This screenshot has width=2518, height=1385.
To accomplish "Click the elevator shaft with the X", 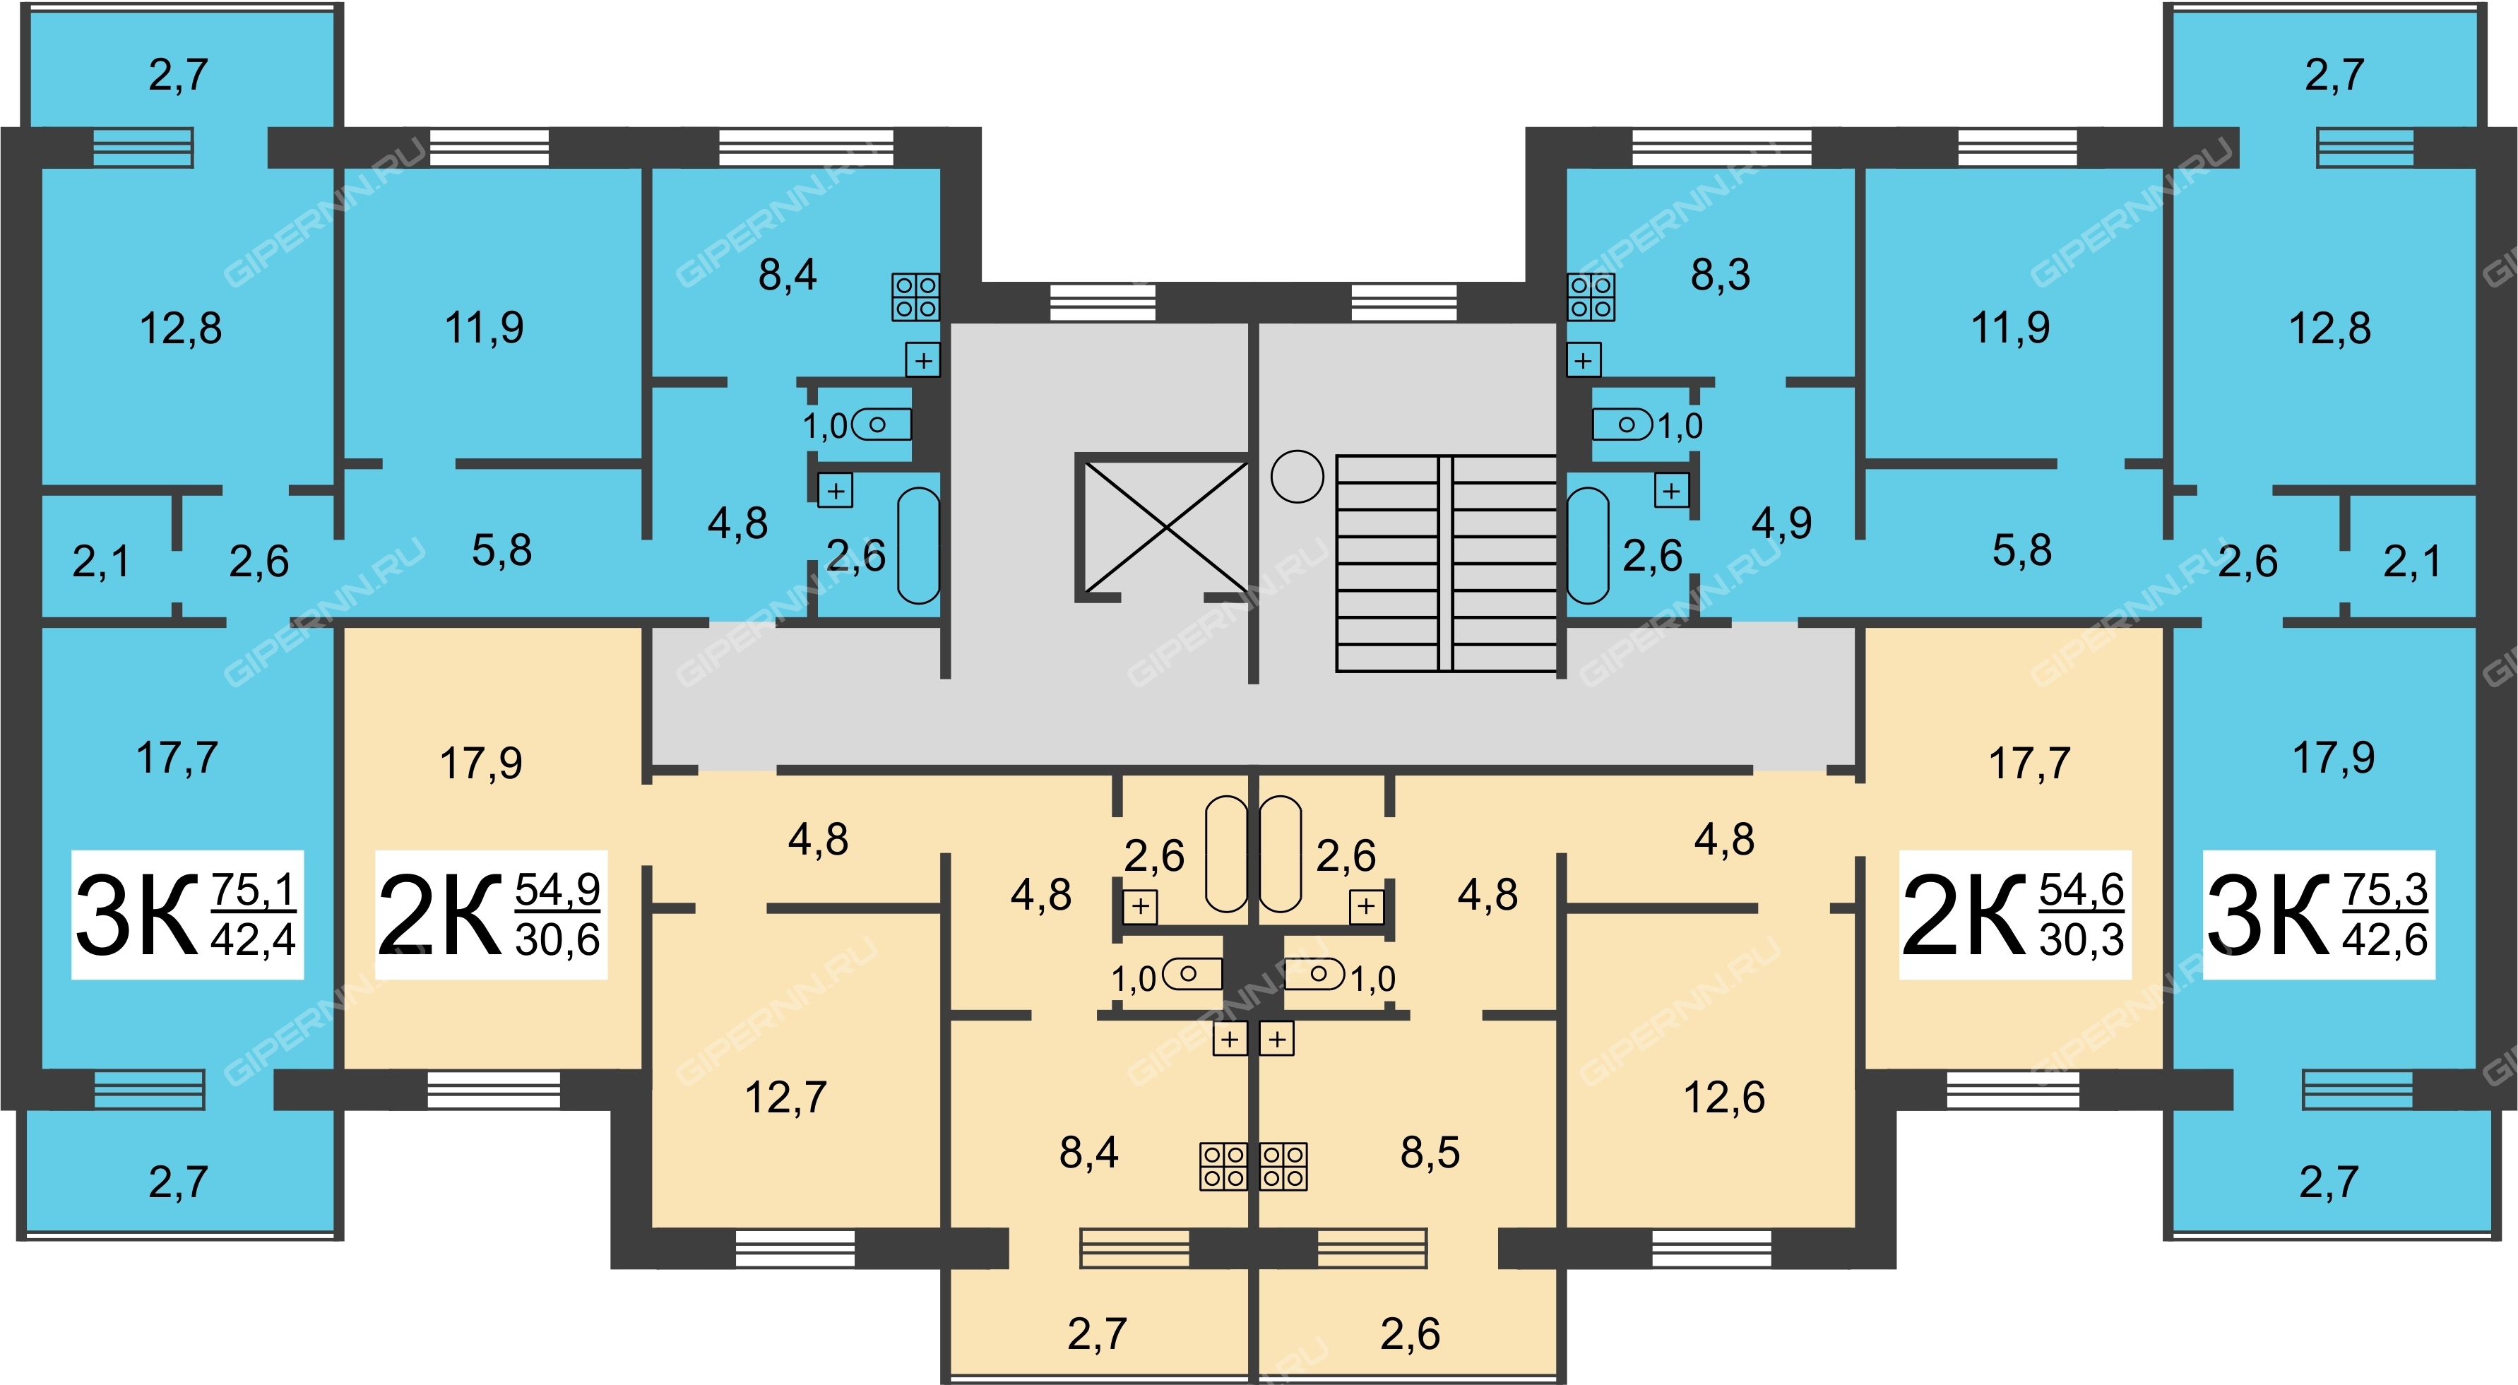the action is (x=1163, y=527).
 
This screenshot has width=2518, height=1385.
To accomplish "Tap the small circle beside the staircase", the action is (x=1297, y=476).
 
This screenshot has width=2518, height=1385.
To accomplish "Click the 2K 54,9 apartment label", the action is (x=491, y=915).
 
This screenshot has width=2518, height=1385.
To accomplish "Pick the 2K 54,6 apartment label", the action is (x=2014, y=915).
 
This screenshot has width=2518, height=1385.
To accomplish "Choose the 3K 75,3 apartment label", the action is (x=2317, y=915).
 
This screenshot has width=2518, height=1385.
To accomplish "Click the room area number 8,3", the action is (x=1721, y=275).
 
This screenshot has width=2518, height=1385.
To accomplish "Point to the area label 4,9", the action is (x=1781, y=524).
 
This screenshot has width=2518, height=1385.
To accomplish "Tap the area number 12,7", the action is (x=786, y=1098).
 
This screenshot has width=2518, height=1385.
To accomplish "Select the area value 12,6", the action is (x=1724, y=1098).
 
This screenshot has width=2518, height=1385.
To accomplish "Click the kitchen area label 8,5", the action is (x=1430, y=1153).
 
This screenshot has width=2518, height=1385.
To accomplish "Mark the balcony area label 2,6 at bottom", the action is (x=1410, y=1334).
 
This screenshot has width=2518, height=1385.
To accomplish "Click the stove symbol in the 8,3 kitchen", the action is (x=1591, y=297).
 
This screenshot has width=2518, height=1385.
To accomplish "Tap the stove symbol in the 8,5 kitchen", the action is (x=1283, y=1166).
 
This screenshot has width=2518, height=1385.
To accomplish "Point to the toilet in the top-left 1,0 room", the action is (x=881, y=425).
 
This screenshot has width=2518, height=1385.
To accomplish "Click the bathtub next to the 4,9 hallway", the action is (x=1588, y=545).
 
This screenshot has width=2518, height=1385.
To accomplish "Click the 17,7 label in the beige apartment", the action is (x=2029, y=763).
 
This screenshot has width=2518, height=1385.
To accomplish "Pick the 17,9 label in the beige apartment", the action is (x=481, y=763).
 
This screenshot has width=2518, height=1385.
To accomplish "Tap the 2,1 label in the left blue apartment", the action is (x=101, y=562).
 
